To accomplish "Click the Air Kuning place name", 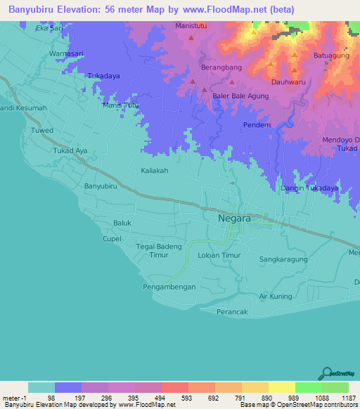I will click(x=276, y=296).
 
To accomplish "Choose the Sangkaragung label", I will click(x=284, y=259).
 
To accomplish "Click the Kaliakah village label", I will click(x=155, y=170).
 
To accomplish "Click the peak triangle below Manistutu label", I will click(x=192, y=39).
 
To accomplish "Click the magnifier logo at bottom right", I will click(x=326, y=373).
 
